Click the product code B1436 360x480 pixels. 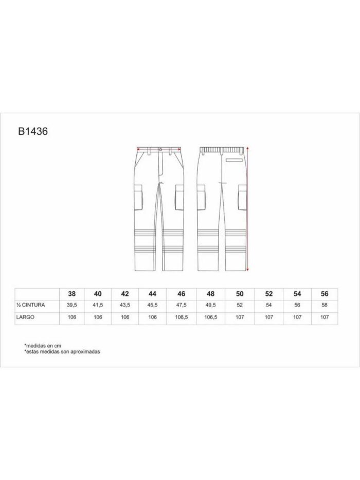point(33,131)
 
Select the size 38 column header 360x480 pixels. point(71,294)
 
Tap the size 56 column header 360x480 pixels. point(325,294)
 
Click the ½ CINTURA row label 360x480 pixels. point(31,305)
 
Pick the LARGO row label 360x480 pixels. point(25,317)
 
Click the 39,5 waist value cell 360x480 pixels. point(71,305)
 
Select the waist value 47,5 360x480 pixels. point(181,305)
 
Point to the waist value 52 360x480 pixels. point(240,305)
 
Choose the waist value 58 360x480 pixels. point(325,305)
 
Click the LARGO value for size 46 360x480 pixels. point(181,317)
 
